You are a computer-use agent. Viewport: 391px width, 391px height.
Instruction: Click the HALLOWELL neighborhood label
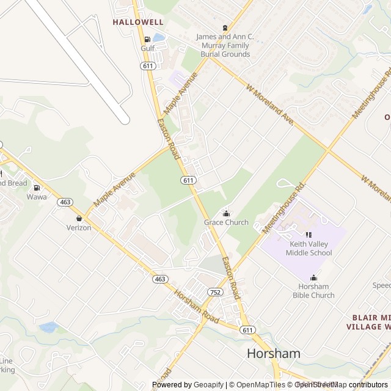pos(137,21)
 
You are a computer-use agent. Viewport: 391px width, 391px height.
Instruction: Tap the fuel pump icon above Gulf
pos(147,38)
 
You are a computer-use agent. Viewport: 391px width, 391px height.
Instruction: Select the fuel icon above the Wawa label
pos(37,188)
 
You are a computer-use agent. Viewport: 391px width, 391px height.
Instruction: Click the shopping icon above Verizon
pos(79,218)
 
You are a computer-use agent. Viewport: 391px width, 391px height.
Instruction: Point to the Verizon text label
pos(79,228)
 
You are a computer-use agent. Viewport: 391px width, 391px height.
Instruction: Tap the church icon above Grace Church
pos(226,213)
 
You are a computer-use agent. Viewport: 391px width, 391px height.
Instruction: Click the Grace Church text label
pos(226,222)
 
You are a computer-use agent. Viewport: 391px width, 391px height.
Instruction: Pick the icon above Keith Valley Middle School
pos(308,235)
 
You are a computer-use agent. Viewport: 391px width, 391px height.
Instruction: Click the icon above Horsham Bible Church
pos(314,278)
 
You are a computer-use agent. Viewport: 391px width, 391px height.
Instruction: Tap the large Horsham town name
pos(274,353)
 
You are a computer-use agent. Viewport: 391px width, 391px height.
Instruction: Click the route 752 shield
pos(215,293)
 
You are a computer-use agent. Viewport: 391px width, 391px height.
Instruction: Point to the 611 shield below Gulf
pos(147,66)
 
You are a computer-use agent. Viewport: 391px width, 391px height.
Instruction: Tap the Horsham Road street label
pos(196,305)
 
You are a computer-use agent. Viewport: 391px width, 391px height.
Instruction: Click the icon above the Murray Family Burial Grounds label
pos(224,27)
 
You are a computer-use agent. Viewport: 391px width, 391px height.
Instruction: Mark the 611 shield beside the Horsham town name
pos(247,330)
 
